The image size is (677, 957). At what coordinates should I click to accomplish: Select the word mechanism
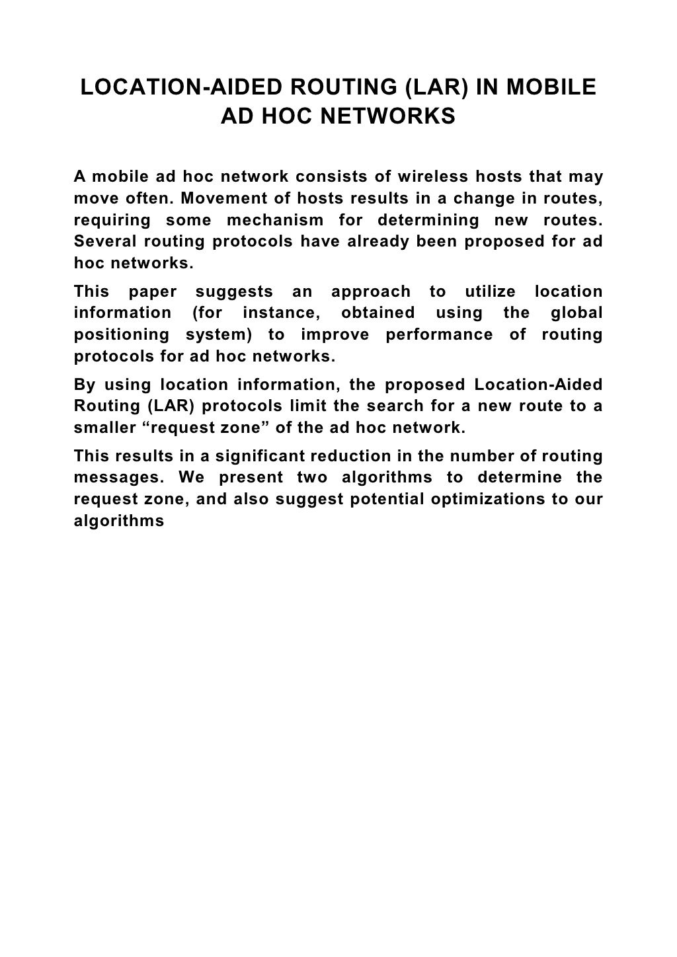click(x=276, y=220)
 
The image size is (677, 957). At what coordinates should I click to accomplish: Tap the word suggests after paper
click(x=235, y=291)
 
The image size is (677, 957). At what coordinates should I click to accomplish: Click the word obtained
click(x=378, y=313)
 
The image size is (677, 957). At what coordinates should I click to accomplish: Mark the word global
click(x=577, y=313)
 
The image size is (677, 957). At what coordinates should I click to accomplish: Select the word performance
click(x=439, y=334)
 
